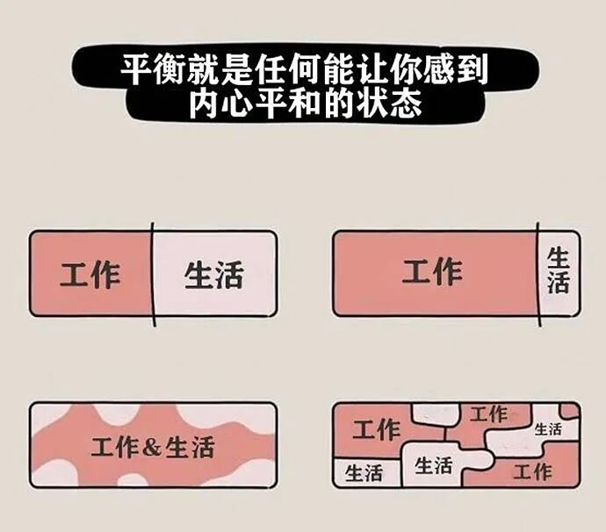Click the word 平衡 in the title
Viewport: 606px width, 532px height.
pos(147,68)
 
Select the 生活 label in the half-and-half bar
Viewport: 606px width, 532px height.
pos(213,275)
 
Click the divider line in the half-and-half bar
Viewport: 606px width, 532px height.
pos(152,272)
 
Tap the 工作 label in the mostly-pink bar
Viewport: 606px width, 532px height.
pos(432,271)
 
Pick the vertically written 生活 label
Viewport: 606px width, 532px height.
pos(558,270)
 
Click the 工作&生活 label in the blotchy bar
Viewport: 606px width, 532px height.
pos(153,446)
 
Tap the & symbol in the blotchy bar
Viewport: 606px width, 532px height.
pos(152,447)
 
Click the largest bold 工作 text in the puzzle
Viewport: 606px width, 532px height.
pos(377,430)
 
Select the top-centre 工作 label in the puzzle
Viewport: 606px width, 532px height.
pos(488,413)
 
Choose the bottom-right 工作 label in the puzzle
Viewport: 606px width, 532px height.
pos(532,472)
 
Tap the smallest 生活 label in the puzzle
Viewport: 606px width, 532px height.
pos(548,429)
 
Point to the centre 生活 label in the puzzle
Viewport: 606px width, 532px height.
pos(433,464)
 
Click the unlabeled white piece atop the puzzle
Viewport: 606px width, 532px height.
pos(434,413)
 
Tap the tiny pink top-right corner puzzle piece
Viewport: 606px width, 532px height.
pos(571,410)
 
